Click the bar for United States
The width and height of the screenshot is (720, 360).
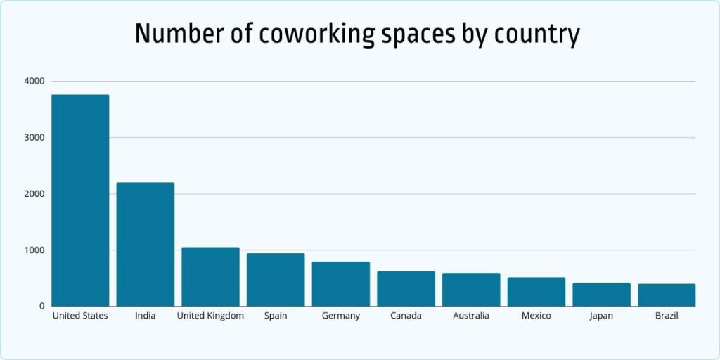point(80,200)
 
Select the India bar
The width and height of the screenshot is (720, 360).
point(145,244)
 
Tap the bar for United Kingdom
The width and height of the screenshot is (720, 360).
point(210,276)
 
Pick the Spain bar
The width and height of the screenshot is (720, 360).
point(276,280)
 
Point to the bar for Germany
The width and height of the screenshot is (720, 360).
point(341,284)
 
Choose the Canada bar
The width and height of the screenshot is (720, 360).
point(406,288)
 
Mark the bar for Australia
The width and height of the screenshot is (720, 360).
point(471,290)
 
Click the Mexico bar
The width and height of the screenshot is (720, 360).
point(536,292)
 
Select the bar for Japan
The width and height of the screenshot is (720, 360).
point(601,295)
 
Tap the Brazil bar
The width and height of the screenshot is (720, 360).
point(667,295)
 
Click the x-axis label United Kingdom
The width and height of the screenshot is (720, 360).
point(210,316)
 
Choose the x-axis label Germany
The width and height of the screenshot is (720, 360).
point(341,316)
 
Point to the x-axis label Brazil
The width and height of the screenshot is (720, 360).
point(667,316)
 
